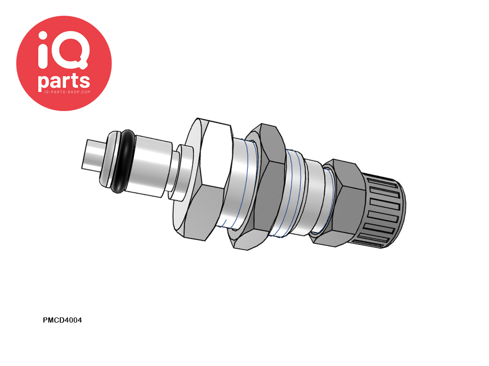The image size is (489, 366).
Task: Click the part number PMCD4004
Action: tap(62, 320)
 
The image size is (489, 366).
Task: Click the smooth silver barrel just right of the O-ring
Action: tap(152, 167)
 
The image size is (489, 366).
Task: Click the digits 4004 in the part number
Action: tap(73, 320)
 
